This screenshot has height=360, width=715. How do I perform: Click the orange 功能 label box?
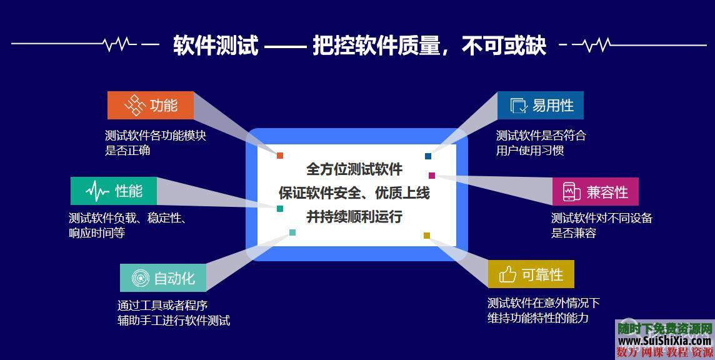pyautogui.click(x=151, y=105)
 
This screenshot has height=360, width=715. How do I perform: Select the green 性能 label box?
pyautogui.click(x=114, y=191)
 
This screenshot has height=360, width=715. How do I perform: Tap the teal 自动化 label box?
pyautogui.click(x=163, y=277)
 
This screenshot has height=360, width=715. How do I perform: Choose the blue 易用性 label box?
pyautogui.click(x=541, y=105)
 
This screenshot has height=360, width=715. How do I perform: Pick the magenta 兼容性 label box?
pyautogui.click(x=595, y=191)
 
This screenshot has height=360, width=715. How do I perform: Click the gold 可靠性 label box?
pyautogui.click(x=531, y=274)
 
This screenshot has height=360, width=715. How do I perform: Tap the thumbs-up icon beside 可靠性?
pyautogui.click(x=507, y=274)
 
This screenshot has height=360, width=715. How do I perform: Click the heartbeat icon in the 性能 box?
pyautogui.click(x=97, y=191)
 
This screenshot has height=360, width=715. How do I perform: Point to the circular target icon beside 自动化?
pyautogui.click(x=141, y=278)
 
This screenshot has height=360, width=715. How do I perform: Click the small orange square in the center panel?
pyautogui.click(x=280, y=156)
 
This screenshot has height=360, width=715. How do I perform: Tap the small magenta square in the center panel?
pyautogui.click(x=431, y=176)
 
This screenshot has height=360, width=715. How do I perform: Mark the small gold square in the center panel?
pyautogui.click(x=427, y=236)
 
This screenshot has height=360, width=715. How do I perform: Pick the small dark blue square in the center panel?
pyautogui.click(x=428, y=156)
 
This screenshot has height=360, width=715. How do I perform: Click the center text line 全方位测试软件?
pyautogui.click(x=354, y=169)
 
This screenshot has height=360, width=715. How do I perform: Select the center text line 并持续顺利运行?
pyautogui.click(x=354, y=216)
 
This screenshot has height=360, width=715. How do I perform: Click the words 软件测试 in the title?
pyautogui.click(x=215, y=46)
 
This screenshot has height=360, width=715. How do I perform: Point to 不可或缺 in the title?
pyautogui.click(x=504, y=46)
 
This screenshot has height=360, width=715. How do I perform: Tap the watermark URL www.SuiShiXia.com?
pyautogui.click(x=664, y=341)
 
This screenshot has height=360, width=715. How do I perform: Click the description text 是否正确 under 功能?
pyautogui.click(x=127, y=151)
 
